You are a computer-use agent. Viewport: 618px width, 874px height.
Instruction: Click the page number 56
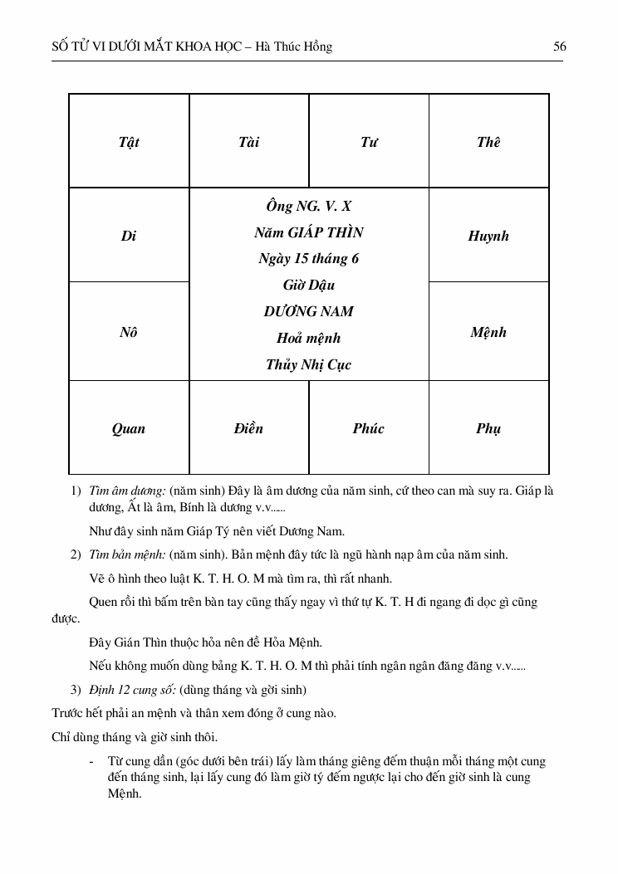pos(560,46)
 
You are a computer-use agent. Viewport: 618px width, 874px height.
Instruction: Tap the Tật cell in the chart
pos(129,142)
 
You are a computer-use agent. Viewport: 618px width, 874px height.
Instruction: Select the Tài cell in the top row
pos(248,142)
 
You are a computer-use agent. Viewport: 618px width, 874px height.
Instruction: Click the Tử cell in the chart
pos(369,142)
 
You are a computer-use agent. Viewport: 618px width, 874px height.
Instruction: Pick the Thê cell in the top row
pos(488,142)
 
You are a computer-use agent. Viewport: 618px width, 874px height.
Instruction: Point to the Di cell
pos(129,236)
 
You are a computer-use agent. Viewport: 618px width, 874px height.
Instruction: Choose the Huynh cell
pos(488,236)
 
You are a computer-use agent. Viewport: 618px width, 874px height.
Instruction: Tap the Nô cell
pos(129,332)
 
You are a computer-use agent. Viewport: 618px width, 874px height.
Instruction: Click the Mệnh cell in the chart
pos(488,332)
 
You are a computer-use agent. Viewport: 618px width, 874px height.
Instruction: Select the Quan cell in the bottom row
pos(129,428)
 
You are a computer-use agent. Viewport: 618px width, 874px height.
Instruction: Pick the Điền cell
pos(248,428)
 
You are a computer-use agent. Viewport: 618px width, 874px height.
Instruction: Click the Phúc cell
pos(369,428)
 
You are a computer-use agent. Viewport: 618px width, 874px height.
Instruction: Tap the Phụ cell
pos(488,428)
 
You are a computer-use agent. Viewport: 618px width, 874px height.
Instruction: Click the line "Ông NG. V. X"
pos(309,206)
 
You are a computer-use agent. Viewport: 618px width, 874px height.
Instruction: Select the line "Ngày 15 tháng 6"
pos(309,258)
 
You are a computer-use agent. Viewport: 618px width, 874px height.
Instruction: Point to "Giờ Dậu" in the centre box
pos(309,285)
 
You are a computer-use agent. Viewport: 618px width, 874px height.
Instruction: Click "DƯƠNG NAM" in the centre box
pos(309,311)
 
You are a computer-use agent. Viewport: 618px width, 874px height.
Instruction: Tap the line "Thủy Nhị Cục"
pos(309,364)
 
